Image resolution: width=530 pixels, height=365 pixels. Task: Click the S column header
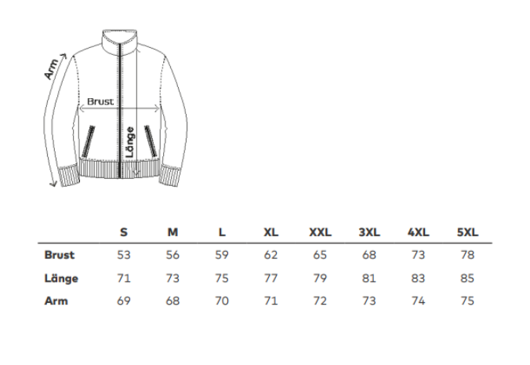tap(124, 232)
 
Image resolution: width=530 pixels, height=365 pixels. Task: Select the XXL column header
tap(320, 232)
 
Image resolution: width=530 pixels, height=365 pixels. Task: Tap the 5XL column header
tap(467, 232)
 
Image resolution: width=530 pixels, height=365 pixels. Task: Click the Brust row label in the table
tap(59, 255)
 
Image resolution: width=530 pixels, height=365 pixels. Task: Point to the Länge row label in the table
tap(61, 278)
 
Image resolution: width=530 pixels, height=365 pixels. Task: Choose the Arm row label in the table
tap(56, 301)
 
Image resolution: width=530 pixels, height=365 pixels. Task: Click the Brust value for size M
tap(172, 255)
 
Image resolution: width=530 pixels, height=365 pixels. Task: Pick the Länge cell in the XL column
tap(270, 278)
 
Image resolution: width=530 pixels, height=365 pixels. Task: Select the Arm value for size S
tap(124, 301)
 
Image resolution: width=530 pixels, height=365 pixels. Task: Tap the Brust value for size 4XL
tap(418, 255)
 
